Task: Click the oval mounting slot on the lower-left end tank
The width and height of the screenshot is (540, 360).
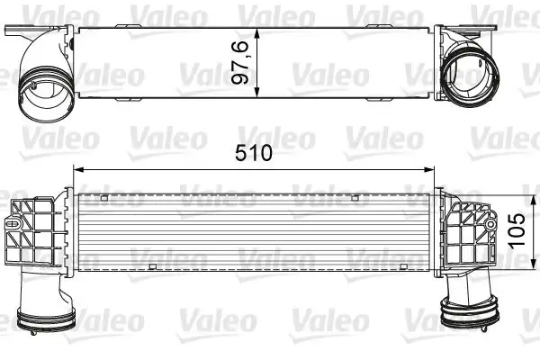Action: click(x=18, y=215)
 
